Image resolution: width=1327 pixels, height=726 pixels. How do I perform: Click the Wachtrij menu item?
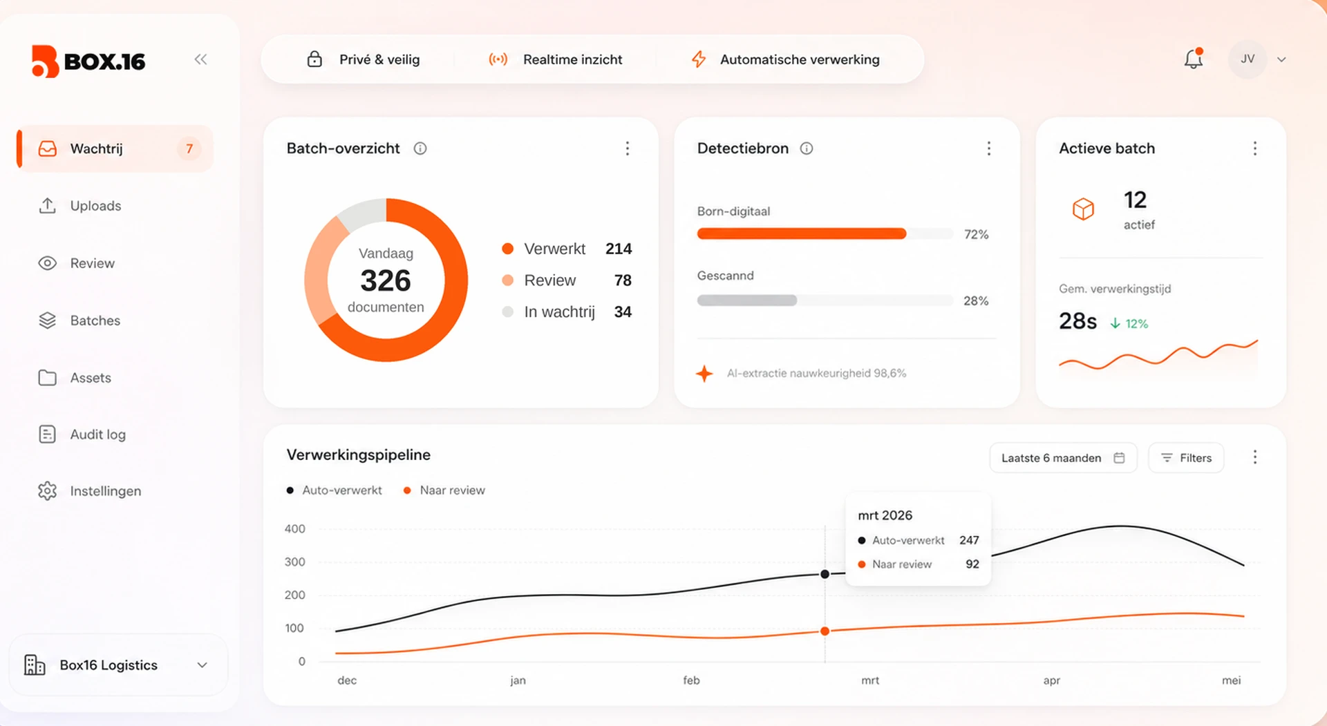coord(115,149)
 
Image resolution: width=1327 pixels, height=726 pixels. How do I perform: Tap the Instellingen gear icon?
coord(47,491)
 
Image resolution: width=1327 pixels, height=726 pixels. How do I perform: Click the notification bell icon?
coord(1194,59)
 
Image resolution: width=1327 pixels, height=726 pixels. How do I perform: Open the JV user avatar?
coord(1248,59)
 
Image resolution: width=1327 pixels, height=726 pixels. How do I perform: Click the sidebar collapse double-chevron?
coord(200,59)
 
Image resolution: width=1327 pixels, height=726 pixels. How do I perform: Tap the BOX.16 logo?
coord(88,61)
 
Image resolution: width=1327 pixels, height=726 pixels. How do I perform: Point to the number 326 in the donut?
coord(386,280)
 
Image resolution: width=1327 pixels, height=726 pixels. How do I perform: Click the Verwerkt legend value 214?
coord(619,249)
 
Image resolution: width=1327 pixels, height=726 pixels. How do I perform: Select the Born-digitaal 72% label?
coord(976,234)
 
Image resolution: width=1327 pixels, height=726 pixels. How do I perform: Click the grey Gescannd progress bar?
coord(747,300)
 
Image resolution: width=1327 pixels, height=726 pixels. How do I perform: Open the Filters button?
coord(1186,458)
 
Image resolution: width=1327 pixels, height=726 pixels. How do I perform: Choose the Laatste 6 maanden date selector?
coord(1063,458)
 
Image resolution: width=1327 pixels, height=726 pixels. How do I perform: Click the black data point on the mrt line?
coord(825,574)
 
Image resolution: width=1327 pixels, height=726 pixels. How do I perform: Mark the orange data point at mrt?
coord(825,631)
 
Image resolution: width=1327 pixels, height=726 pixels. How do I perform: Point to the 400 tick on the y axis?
coord(295,529)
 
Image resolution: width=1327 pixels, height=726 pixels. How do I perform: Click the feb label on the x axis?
coord(691,680)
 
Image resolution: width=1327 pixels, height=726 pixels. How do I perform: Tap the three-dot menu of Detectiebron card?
coord(989,149)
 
